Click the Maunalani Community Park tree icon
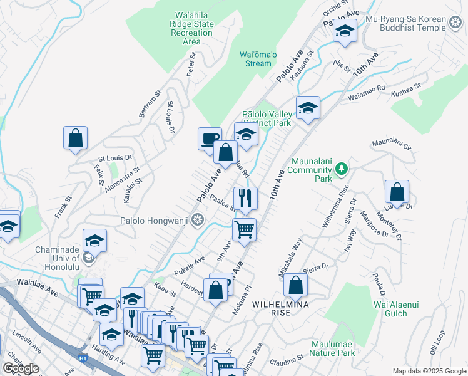(341, 168)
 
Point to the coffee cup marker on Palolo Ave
(210, 138)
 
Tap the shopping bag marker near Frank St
(75, 138)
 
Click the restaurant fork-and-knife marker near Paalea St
(245, 198)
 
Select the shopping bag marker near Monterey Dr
(397, 192)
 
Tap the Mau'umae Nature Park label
(332, 348)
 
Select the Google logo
(21, 368)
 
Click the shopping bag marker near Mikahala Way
(295, 285)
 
